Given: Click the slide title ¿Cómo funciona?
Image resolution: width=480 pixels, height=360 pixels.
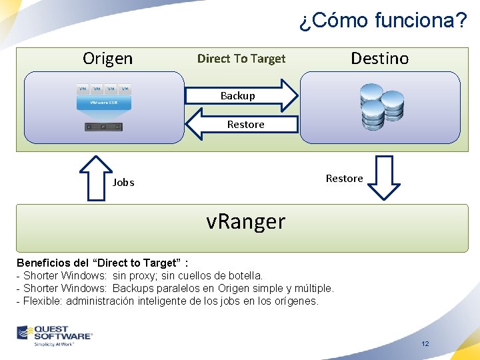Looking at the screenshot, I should point(383,21).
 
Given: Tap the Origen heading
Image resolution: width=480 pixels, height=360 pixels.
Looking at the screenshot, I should point(107,59).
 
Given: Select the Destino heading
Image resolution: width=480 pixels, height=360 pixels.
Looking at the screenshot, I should point(379,59).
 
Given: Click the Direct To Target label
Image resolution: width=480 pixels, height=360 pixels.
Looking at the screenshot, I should point(241,59).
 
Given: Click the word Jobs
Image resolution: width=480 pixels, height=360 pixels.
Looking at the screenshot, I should point(123,182).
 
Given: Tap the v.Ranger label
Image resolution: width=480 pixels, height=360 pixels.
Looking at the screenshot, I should point(245,221).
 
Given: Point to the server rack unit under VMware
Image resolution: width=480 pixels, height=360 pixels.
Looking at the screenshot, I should point(103,127).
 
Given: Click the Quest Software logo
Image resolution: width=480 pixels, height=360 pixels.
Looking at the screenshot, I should point(55,335).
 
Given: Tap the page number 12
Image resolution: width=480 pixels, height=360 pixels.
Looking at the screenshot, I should point(425,344).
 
